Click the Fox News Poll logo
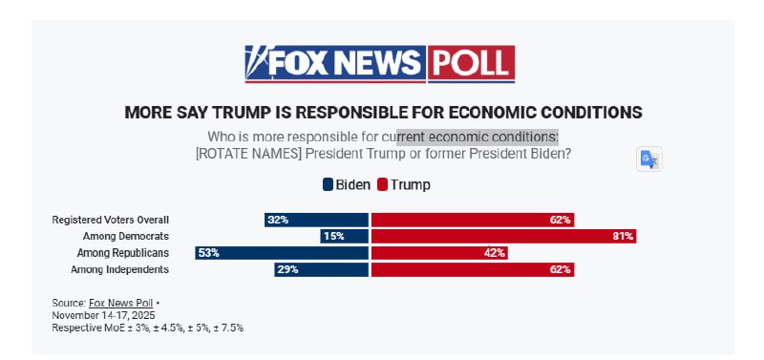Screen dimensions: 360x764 point(379,63)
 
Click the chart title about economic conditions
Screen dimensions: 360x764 point(383,112)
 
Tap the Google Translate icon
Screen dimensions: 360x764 point(649,159)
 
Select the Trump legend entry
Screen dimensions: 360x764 point(403,184)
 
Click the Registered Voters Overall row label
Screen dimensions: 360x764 point(111,220)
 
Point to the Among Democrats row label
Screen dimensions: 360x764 point(125,236)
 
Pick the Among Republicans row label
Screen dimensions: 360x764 point(123,253)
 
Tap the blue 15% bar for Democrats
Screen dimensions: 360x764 point(344,236)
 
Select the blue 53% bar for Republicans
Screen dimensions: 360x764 point(281,253)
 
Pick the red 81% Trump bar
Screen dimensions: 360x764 point(503,236)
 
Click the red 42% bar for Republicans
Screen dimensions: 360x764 point(439,253)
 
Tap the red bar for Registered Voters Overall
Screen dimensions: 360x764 point(472,220)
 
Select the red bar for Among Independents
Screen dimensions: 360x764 point(472,269)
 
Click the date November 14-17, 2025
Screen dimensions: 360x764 point(103,315)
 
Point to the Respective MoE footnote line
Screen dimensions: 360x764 point(148,328)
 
